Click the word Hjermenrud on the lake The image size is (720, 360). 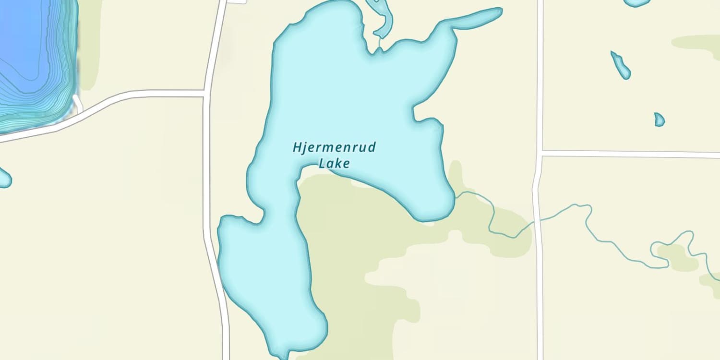334,147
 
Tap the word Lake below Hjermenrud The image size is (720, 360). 335,163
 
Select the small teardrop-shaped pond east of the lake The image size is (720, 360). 659,120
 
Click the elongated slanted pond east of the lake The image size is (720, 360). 620,65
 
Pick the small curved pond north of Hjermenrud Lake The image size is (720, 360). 382,17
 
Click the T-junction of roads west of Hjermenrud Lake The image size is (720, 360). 206,93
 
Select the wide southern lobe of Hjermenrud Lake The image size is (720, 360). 269,278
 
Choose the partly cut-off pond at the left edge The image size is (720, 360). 4,178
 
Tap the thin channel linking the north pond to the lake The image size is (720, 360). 380,45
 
